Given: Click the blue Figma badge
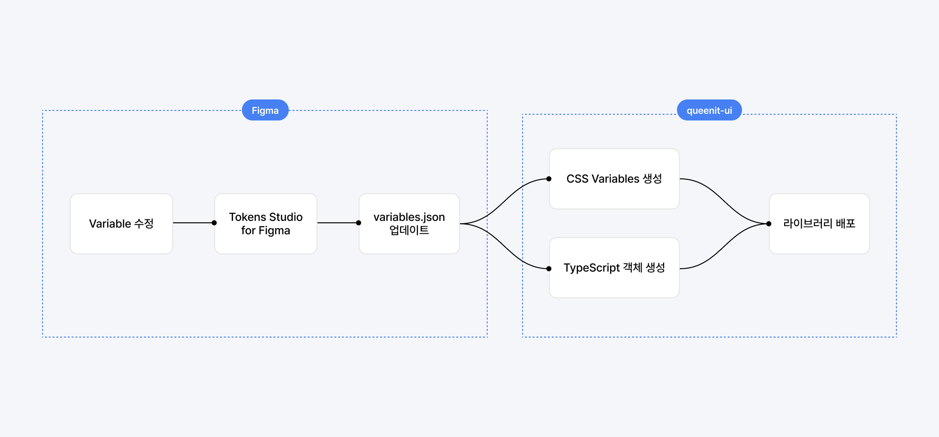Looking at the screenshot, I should (265, 110).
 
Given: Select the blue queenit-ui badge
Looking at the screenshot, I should (709, 110).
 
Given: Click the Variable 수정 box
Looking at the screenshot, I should (121, 224).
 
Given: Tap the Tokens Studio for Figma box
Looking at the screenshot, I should (266, 224).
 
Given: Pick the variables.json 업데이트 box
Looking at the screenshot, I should (409, 224).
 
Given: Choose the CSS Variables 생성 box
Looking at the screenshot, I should (614, 179).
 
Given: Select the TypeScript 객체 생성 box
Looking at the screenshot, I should (614, 268).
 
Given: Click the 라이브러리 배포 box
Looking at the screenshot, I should (819, 224).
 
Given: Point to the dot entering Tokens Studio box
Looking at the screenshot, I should (214, 223).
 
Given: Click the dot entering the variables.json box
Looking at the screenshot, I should (359, 223).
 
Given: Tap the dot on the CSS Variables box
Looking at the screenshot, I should (549, 179).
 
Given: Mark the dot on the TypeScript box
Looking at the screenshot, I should (549, 269).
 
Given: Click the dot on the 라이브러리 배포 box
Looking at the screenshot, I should (769, 224).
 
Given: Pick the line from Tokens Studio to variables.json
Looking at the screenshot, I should (337, 223).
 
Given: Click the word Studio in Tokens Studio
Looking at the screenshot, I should (286, 217).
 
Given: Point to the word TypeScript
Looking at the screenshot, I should (591, 268).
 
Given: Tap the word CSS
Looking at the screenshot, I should (577, 179).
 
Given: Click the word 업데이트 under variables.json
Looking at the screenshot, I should (409, 230).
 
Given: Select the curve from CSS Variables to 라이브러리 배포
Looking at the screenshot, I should (724, 201).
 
